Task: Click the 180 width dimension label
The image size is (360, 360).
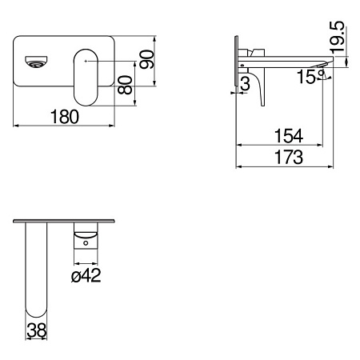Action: (65, 117)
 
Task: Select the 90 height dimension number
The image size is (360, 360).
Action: (147, 60)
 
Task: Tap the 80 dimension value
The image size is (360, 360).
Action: (125, 85)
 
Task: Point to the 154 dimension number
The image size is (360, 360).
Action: (289, 136)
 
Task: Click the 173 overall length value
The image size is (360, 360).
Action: (289, 157)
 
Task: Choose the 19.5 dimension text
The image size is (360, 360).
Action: (336, 38)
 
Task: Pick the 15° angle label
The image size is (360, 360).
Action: (310, 77)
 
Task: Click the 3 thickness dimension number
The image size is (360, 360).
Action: (245, 83)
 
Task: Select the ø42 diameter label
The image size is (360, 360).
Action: (86, 275)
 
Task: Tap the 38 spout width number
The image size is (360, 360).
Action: (37, 330)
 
